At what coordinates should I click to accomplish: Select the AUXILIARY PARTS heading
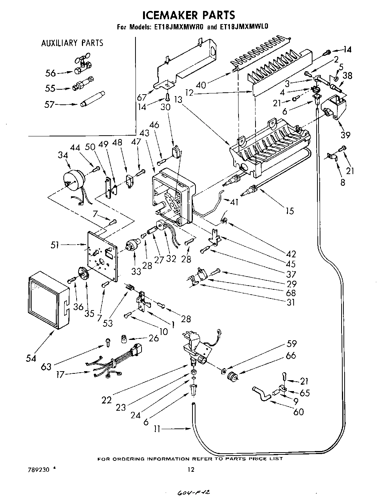point(72,43)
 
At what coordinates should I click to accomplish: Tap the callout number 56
point(51,73)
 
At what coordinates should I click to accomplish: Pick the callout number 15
point(289,211)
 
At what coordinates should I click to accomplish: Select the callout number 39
point(345,135)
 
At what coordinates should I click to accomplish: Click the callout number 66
point(291,355)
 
